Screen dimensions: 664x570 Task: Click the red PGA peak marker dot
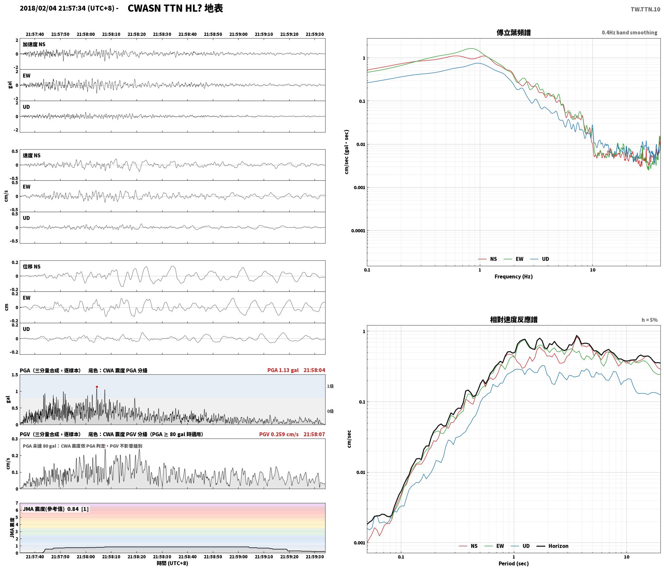tap(97, 387)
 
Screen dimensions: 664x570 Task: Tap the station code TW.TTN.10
tap(645, 9)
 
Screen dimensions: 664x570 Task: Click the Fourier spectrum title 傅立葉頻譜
tap(514, 33)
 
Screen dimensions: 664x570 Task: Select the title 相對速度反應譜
tap(514, 320)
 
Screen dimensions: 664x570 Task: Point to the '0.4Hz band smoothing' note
tap(629, 33)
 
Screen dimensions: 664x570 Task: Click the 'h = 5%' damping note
tap(649, 320)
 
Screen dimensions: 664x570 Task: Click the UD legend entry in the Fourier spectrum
tap(540, 259)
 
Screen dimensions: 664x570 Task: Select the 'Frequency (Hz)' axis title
tap(514, 277)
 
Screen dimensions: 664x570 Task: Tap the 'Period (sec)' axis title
tap(514, 564)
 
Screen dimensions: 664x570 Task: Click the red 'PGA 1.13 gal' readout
tap(283, 370)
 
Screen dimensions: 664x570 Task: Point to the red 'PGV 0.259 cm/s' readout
tap(279, 434)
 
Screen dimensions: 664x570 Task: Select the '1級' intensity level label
tap(330, 386)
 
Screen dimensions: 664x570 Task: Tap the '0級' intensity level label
tap(330, 411)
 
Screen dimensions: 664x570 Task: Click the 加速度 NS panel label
tap(34, 44)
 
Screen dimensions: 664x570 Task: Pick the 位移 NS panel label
tap(31, 267)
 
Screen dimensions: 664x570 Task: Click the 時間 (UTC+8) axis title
tap(172, 563)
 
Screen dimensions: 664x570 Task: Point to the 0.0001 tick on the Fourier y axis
tap(358, 231)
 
